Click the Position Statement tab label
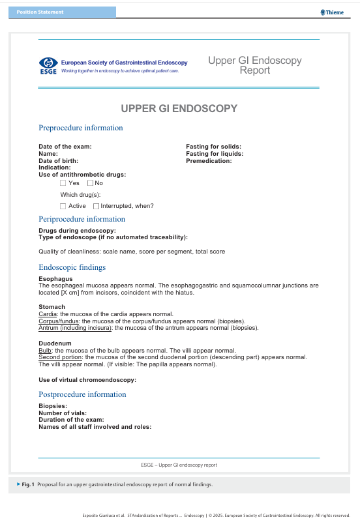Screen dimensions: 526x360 click(40, 12)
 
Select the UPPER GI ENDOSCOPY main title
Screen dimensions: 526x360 click(179, 108)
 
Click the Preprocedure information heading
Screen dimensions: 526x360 click(81, 128)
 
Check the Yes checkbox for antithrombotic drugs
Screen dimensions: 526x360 click(63, 183)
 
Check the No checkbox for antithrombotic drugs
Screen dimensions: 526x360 click(90, 183)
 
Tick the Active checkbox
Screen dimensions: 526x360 click(63, 206)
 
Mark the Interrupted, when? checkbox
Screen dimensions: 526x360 click(96, 206)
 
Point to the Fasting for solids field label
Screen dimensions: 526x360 click(213, 147)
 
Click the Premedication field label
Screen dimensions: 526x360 click(209, 160)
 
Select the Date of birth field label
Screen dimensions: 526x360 click(59, 160)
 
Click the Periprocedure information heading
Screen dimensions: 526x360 click(82, 219)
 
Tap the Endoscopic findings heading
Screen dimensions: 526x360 click(72, 267)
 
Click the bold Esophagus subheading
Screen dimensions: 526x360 click(55, 279)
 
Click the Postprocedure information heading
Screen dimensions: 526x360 click(82, 394)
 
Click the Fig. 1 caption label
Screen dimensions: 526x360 click(27, 485)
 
